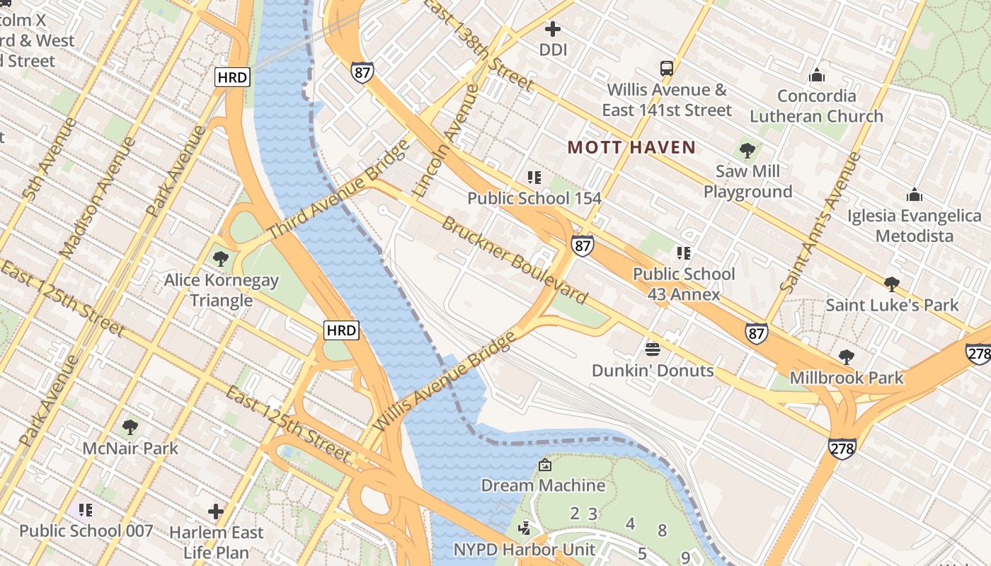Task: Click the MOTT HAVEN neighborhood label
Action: click(631, 147)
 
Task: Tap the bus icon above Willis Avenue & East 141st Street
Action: click(666, 69)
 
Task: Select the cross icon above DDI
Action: click(553, 29)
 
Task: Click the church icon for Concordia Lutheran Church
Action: click(817, 75)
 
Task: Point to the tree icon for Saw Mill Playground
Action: click(747, 150)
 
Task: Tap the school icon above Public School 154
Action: click(534, 177)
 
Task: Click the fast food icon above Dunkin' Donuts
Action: click(653, 349)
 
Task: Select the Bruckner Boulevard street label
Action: click(515, 260)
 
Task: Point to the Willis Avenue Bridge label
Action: click(444, 382)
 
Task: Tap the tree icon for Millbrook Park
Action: click(846, 357)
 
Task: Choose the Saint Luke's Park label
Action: click(892, 305)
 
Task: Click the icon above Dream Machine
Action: click(544, 465)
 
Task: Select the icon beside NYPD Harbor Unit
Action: click(525, 528)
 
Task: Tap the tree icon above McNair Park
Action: click(130, 427)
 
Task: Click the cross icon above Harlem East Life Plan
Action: click(216, 511)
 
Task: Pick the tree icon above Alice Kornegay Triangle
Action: click(221, 258)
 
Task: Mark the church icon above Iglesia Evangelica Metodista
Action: click(915, 195)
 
